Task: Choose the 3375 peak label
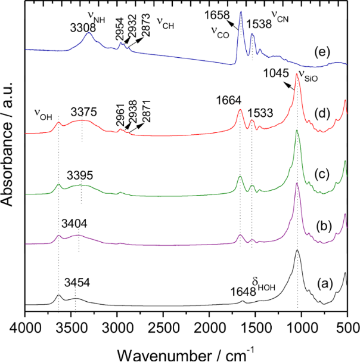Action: [83, 112]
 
